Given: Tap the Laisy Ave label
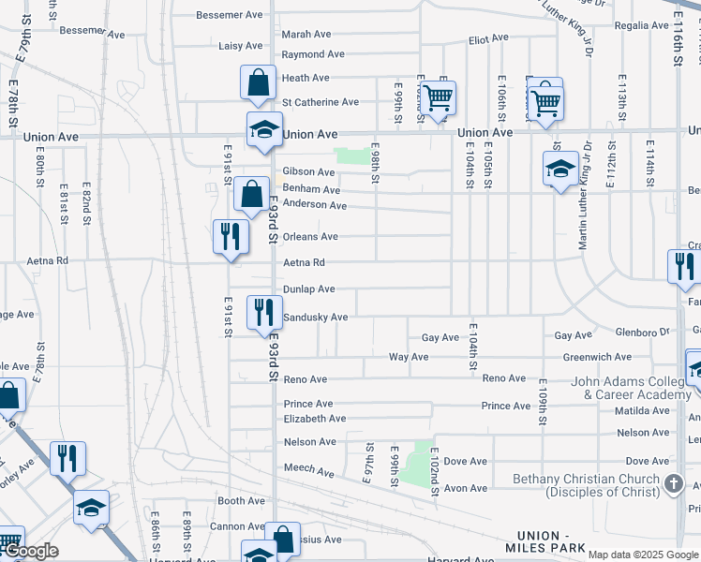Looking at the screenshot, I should [x=241, y=46].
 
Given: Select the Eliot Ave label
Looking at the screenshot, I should [x=488, y=38].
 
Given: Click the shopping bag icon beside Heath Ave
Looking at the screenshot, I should [x=258, y=82].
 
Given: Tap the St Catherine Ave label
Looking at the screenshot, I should [x=321, y=102].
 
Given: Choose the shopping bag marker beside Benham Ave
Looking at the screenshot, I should [x=251, y=195].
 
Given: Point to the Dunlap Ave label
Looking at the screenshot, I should [x=309, y=289].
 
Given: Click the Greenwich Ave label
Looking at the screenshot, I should [x=597, y=357].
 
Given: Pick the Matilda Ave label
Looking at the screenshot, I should [x=642, y=410].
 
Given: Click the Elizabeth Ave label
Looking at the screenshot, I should [x=315, y=419].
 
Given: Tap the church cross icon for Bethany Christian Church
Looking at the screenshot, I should [x=672, y=483].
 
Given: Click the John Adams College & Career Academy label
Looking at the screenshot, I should [x=631, y=388].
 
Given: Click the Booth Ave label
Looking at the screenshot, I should [x=242, y=501].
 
